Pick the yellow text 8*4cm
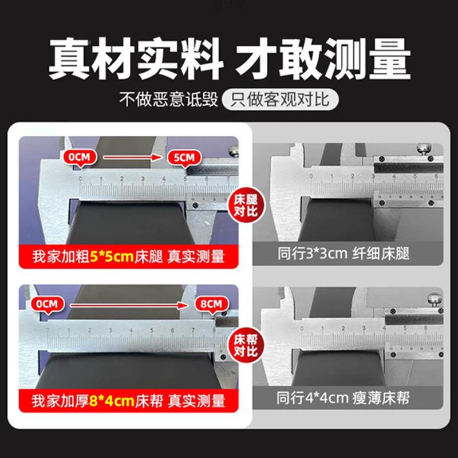click(x=112, y=400)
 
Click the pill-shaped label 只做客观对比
click(x=280, y=101)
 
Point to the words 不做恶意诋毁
click(x=168, y=101)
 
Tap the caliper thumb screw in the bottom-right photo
click(x=434, y=300)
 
